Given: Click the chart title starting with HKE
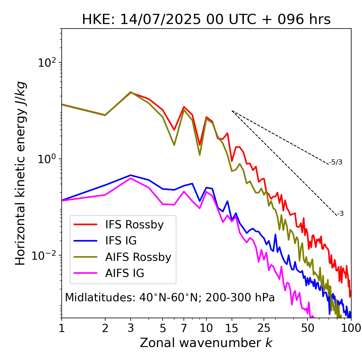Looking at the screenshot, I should pyautogui.click(x=206, y=19).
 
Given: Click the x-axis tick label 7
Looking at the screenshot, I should pyautogui.click(x=184, y=328).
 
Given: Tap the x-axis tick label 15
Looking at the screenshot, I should pyautogui.click(x=232, y=328).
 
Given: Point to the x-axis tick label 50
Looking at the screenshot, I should pyautogui.click(x=307, y=328).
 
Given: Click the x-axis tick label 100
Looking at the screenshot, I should pyautogui.click(x=351, y=328).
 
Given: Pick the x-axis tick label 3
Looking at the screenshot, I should pyautogui.click(x=131, y=328).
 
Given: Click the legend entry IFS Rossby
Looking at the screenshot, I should pyautogui.click(x=134, y=225).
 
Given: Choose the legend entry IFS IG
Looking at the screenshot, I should pyautogui.click(x=121, y=241).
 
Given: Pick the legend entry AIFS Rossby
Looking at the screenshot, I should pyautogui.click(x=138, y=257).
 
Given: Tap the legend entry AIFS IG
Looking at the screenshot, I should pyautogui.click(x=125, y=273).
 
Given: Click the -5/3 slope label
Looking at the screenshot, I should pyautogui.click(x=336, y=162).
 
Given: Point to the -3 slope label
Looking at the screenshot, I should pyautogui.click(x=340, y=214).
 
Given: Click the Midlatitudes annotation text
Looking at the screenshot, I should pyautogui.click(x=170, y=298).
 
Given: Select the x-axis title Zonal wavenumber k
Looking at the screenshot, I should pyautogui.click(x=206, y=343).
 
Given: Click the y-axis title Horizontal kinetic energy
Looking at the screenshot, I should pyautogui.click(x=20, y=173).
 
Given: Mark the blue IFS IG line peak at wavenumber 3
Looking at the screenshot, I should pyautogui.click(x=131, y=175).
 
